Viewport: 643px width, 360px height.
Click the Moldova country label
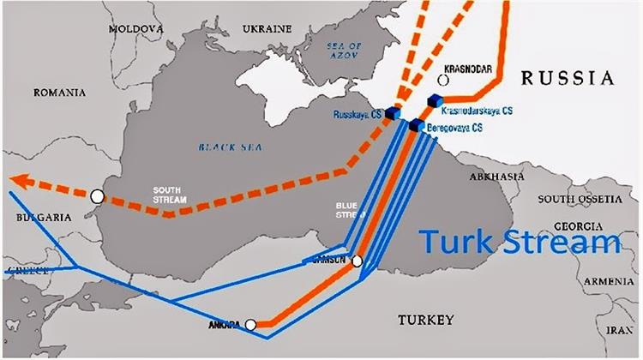pyautogui.click(x=136, y=29)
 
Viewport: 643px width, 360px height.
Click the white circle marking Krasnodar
pyautogui.click(x=443, y=80)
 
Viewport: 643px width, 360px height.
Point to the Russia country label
pyautogui.click(x=570, y=79)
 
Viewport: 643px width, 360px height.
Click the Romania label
pyautogui.click(x=59, y=92)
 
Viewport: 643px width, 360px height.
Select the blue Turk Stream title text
pyautogui.click(x=520, y=243)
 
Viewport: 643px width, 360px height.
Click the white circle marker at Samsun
pyautogui.click(x=357, y=261)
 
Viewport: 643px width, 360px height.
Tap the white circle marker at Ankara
pyautogui.click(x=250, y=325)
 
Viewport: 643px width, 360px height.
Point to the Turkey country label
pyautogui.click(x=425, y=321)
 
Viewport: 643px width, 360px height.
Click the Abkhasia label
pyautogui.click(x=496, y=176)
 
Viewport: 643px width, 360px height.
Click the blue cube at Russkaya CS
pyautogui.click(x=394, y=112)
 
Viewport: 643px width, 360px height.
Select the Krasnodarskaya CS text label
pyautogui.click(x=478, y=111)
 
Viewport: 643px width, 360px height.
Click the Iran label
pyautogui.click(x=620, y=328)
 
